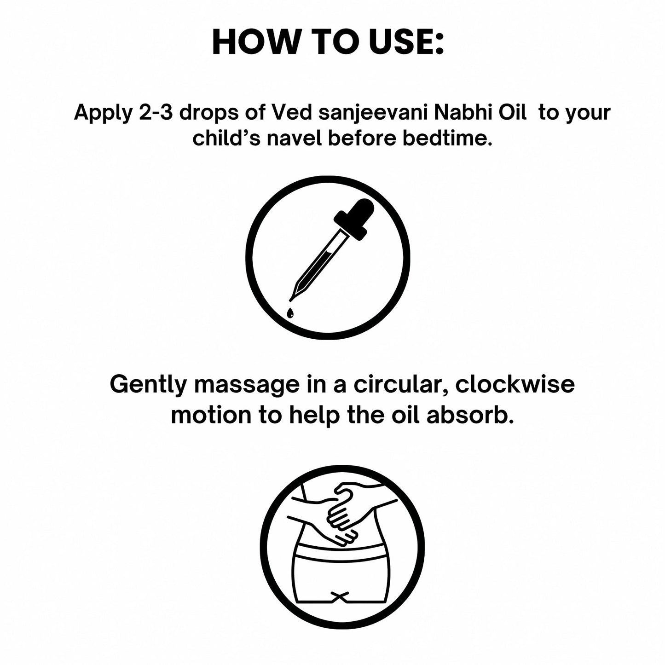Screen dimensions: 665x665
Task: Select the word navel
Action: click(x=295, y=139)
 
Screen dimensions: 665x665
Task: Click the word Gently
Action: click(x=148, y=384)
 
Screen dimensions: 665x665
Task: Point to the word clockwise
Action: click(x=515, y=384)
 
